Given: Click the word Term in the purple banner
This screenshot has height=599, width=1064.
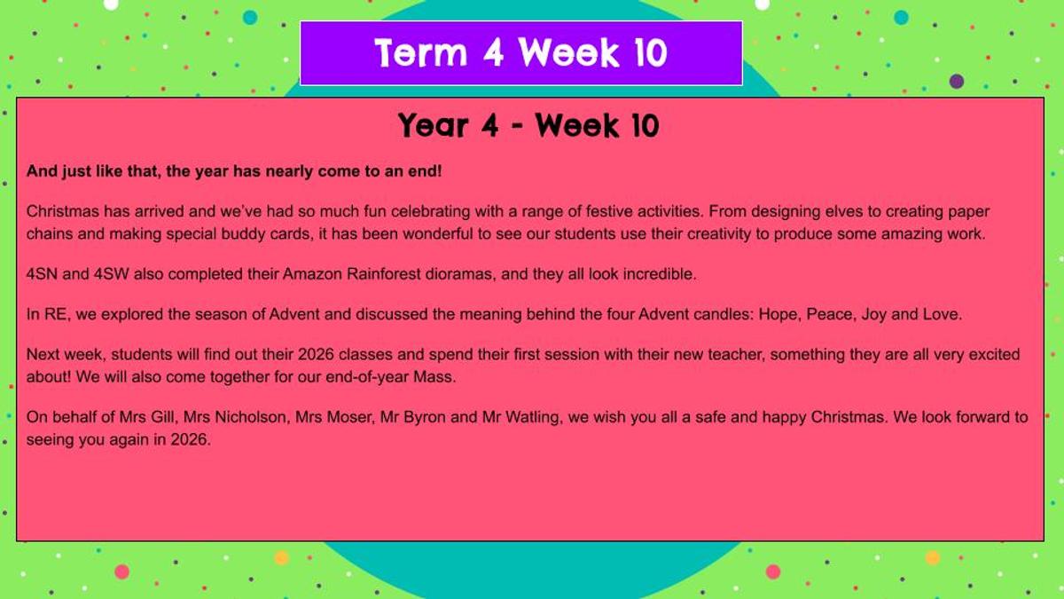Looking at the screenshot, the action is pyautogui.click(x=421, y=52).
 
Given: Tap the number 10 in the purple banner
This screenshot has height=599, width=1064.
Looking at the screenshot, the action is pyautogui.click(x=650, y=52).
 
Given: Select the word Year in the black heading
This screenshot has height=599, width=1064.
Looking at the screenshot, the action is pyautogui.click(x=434, y=126).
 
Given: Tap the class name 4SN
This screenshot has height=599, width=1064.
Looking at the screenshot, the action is pyautogui.click(x=42, y=274).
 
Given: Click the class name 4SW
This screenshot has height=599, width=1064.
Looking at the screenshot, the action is pyautogui.click(x=111, y=274).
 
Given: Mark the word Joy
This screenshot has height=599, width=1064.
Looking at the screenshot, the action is pyautogui.click(x=874, y=315).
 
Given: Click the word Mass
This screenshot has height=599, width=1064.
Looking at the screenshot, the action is pyautogui.click(x=434, y=377).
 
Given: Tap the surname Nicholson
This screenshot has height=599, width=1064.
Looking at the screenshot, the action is pyautogui.click(x=251, y=417).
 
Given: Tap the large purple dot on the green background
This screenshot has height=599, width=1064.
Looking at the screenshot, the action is pyautogui.click(x=957, y=82).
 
